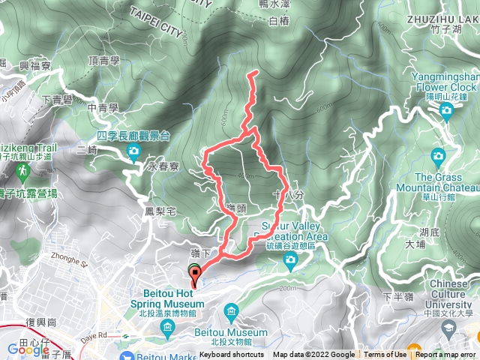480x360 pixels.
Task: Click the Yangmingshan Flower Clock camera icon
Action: click(x=447, y=112)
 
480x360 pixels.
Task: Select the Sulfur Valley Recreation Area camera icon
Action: click(x=290, y=259)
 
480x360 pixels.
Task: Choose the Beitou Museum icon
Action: click(x=230, y=311)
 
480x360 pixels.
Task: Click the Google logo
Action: click(x=24, y=348)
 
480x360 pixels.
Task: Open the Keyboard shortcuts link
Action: click(x=232, y=355)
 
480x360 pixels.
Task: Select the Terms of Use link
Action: click(x=385, y=355)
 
